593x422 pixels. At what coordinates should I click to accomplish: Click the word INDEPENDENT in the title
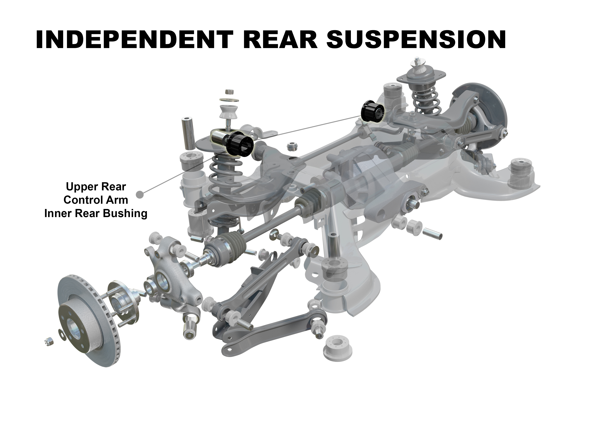134,39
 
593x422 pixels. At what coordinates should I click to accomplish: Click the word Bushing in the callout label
125,214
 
